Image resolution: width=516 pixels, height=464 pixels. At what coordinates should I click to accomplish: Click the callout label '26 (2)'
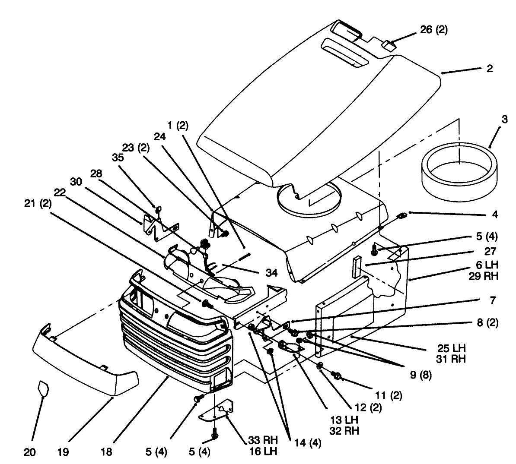click(434, 30)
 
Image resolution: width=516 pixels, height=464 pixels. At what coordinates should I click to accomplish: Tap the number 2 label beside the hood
click(490, 69)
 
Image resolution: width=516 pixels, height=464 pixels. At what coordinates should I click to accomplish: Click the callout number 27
click(491, 252)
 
